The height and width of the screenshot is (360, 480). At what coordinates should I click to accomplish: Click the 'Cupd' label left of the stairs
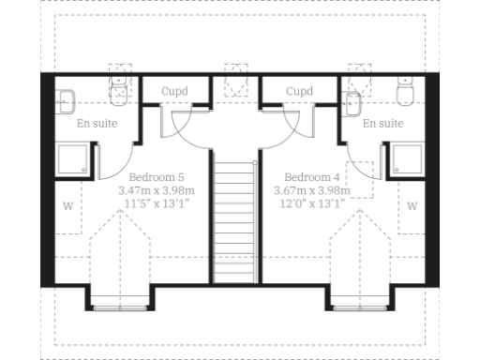(174, 91)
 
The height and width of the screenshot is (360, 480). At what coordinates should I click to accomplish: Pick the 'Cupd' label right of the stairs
(299, 91)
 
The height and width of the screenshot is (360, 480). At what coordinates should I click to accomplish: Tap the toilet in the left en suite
(119, 91)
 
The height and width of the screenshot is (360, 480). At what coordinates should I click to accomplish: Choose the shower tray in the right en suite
(409, 159)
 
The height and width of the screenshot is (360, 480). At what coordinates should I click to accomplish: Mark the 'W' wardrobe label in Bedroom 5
(68, 205)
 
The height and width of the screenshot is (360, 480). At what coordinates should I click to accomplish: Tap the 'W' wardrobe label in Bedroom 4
(412, 205)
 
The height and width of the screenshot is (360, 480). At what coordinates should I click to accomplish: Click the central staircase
(233, 220)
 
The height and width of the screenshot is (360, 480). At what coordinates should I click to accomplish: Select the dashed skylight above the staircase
(233, 79)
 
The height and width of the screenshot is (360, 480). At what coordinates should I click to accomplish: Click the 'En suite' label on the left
(97, 123)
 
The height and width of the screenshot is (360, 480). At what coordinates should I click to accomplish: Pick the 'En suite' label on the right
(382, 123)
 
